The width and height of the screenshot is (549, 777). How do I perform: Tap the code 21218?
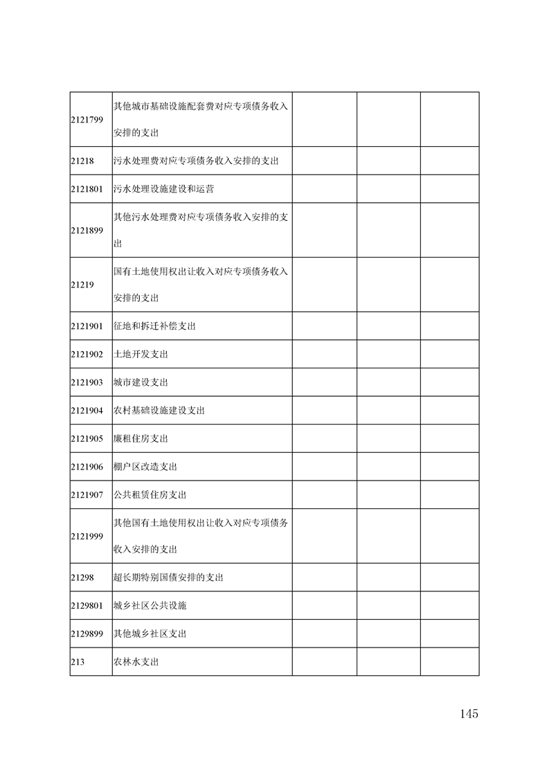82,161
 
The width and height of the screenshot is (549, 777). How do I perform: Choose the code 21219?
82,285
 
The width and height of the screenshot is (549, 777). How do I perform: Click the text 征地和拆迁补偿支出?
154,326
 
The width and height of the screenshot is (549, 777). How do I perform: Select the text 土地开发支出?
141,354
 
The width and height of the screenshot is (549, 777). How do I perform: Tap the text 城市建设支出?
141,382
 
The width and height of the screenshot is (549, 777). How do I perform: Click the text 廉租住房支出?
141,439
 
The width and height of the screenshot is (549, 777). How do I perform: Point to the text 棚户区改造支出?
145,467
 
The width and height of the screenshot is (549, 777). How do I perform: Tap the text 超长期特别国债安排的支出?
168,578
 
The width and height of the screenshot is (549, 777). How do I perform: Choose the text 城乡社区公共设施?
150,605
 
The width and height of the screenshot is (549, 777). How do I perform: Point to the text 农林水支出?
136,662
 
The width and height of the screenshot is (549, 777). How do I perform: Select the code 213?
78,662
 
